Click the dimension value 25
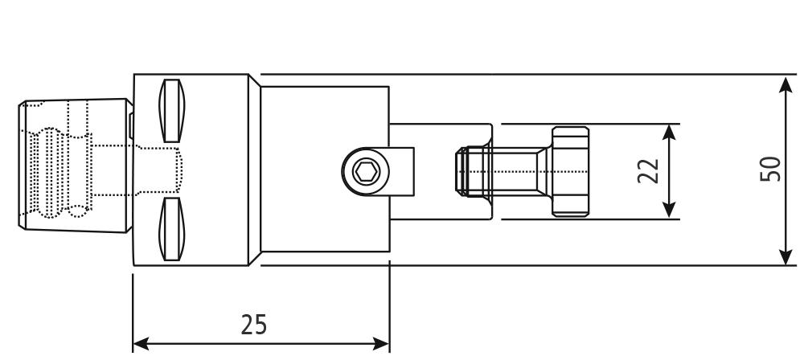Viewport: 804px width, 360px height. tap(254, 325)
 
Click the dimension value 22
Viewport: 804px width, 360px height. tap(648, 171)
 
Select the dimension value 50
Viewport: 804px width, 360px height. tap(770, 169)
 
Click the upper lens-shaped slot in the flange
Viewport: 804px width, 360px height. tap(172, 110)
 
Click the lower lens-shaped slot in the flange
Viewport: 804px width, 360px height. tap(172, 229)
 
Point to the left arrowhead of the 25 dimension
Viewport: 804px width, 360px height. tap(141, 344)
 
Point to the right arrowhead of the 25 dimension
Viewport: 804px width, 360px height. tap(381, 344)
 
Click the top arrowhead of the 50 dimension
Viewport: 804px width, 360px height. tap(786, 84)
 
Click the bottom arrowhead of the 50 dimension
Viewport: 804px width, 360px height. tap(786, 256)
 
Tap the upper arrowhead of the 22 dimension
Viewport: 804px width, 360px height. tap(669, 133)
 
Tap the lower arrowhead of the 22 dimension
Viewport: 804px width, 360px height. tap(669, 210)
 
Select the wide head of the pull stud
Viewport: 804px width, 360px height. tap(570, 171)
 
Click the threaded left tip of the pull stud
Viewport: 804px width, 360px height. tap(462, 171)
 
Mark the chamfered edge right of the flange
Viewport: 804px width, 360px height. tap(255, 170)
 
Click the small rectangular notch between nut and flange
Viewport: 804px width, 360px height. tap(131, 126)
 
